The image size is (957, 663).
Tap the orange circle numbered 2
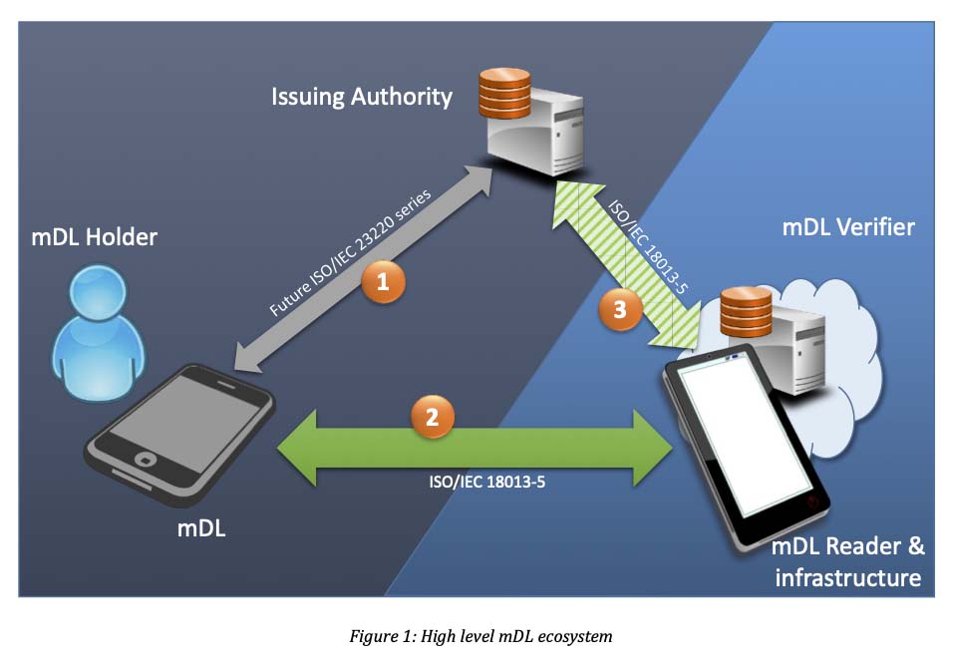431,418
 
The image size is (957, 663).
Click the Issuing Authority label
362,97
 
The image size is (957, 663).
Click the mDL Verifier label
848,227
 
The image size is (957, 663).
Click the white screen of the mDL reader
756,438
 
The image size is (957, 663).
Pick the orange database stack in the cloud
746,308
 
